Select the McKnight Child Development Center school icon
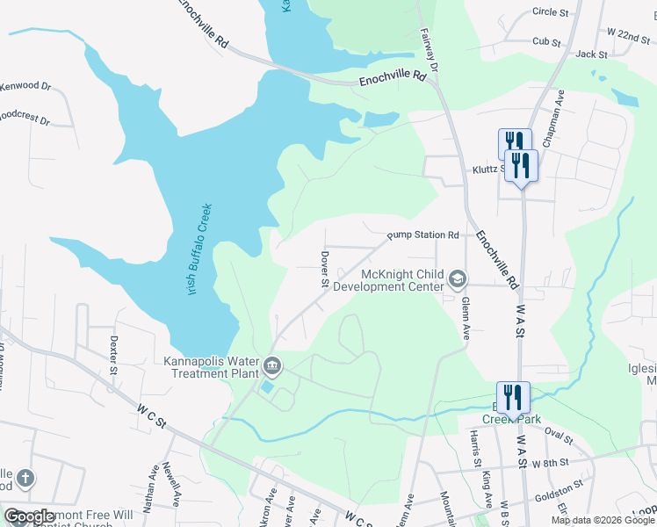tap(457, 279)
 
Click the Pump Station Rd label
tap(423, 235)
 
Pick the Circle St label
tap(551, 12)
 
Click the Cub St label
tap(546, 41)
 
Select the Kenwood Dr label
tap(25, 87)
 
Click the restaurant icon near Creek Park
tap(513, 396)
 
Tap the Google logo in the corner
tap(29, 516)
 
